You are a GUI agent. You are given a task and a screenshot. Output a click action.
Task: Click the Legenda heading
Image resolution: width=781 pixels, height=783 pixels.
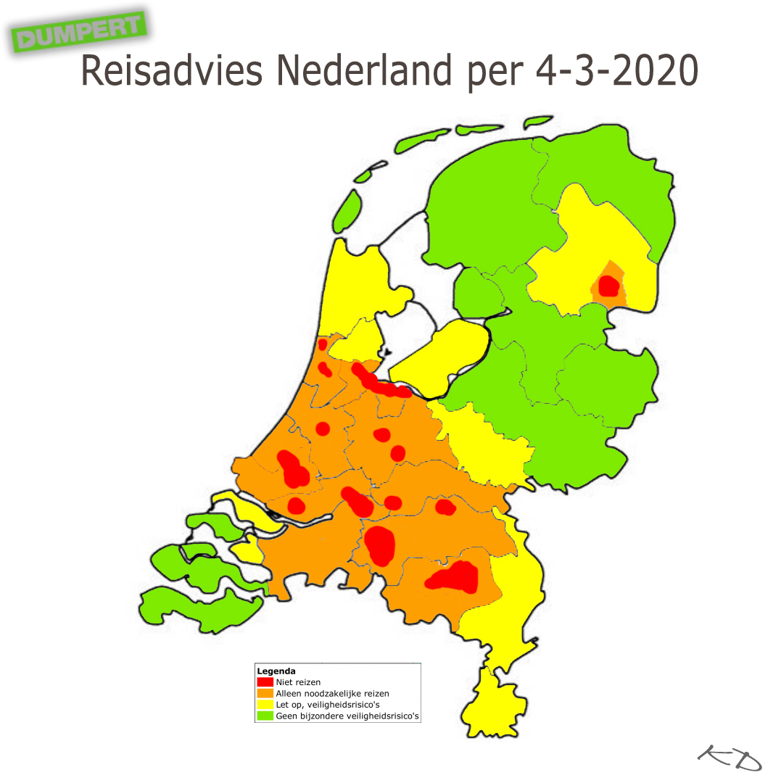276,671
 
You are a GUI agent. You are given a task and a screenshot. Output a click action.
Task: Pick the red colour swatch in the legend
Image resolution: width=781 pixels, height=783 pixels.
265,682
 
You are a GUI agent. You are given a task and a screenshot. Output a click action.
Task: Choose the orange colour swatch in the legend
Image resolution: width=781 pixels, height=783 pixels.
265,693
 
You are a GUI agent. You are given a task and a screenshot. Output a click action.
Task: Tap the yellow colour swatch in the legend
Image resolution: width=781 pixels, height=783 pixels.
265,705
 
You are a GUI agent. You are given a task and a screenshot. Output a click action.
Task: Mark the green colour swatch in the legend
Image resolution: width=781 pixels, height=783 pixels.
265,716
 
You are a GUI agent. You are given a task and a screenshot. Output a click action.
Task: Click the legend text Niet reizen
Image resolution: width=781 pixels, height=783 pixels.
298,682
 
